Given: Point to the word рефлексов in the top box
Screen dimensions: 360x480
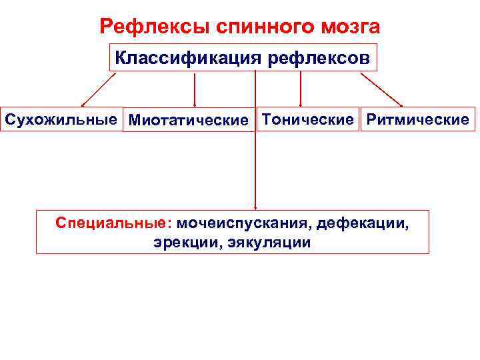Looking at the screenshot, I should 318,57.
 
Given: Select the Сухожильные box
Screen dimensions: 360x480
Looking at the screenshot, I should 62,119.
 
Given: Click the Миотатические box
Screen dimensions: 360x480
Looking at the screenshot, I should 188,120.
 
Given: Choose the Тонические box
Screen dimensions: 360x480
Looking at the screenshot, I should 307,119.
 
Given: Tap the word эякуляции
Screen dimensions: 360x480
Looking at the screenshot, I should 269,241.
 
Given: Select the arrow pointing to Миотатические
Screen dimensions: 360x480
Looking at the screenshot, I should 194,89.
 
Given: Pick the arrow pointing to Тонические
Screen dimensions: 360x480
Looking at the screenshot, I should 301,88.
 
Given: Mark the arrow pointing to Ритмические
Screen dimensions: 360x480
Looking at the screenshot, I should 381,89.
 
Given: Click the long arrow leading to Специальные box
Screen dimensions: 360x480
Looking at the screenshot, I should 255,153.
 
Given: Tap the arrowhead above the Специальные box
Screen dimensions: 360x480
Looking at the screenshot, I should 255,207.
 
